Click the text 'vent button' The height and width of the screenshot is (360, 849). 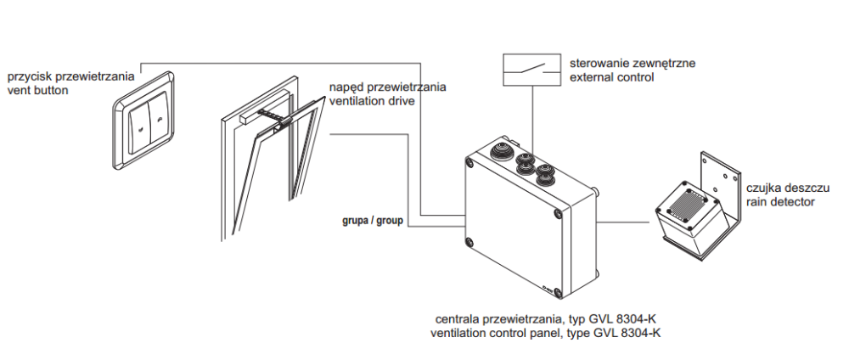tap(37, 89)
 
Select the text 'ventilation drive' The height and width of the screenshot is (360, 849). tap(373, 101)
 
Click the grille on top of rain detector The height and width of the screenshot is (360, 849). tap(689, 200)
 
